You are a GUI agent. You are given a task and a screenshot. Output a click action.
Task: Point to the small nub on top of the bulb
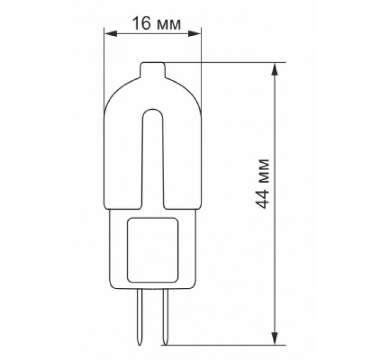[153, 70]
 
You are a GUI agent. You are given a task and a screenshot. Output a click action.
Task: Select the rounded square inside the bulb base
[153, 249]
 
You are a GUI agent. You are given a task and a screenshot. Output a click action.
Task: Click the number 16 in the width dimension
[141, 24]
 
